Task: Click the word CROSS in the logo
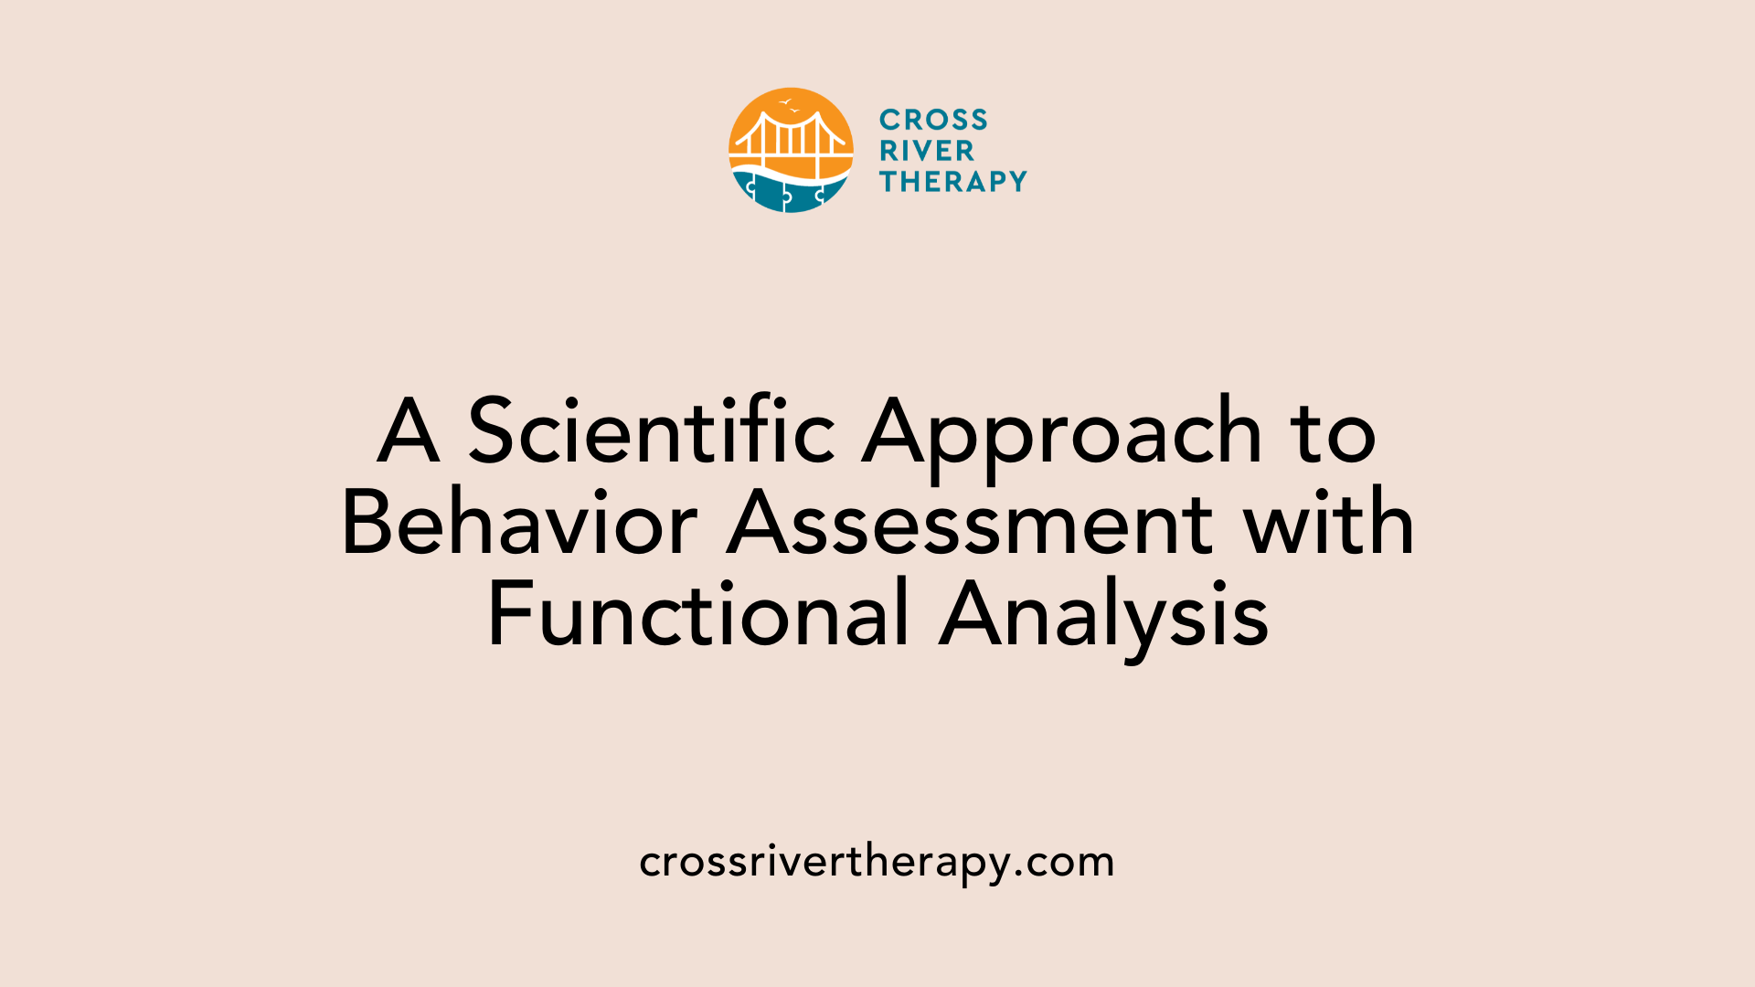point(933,120)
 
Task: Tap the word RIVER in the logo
point(927,151)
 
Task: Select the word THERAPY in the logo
point(952,182)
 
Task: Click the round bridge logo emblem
point(791,151)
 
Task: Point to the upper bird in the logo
point(784,101)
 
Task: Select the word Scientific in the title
point(652,431)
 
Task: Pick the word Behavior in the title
point(519,524)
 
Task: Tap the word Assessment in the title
point(971,524)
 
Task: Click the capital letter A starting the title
point(408,431)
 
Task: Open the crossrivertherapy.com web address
point(877,862)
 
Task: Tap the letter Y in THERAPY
point(1015,182)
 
